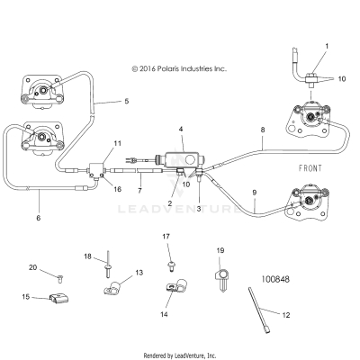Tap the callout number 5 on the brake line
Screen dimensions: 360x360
click(125, 102)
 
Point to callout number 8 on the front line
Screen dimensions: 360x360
click(262, 130)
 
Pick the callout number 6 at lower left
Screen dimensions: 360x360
click(37, 218)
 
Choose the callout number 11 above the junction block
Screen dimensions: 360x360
click(117, 144)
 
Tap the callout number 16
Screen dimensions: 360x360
click(117, 189)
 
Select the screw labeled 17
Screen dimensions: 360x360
click(171, 265)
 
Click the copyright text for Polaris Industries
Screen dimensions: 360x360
click(179, 67)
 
